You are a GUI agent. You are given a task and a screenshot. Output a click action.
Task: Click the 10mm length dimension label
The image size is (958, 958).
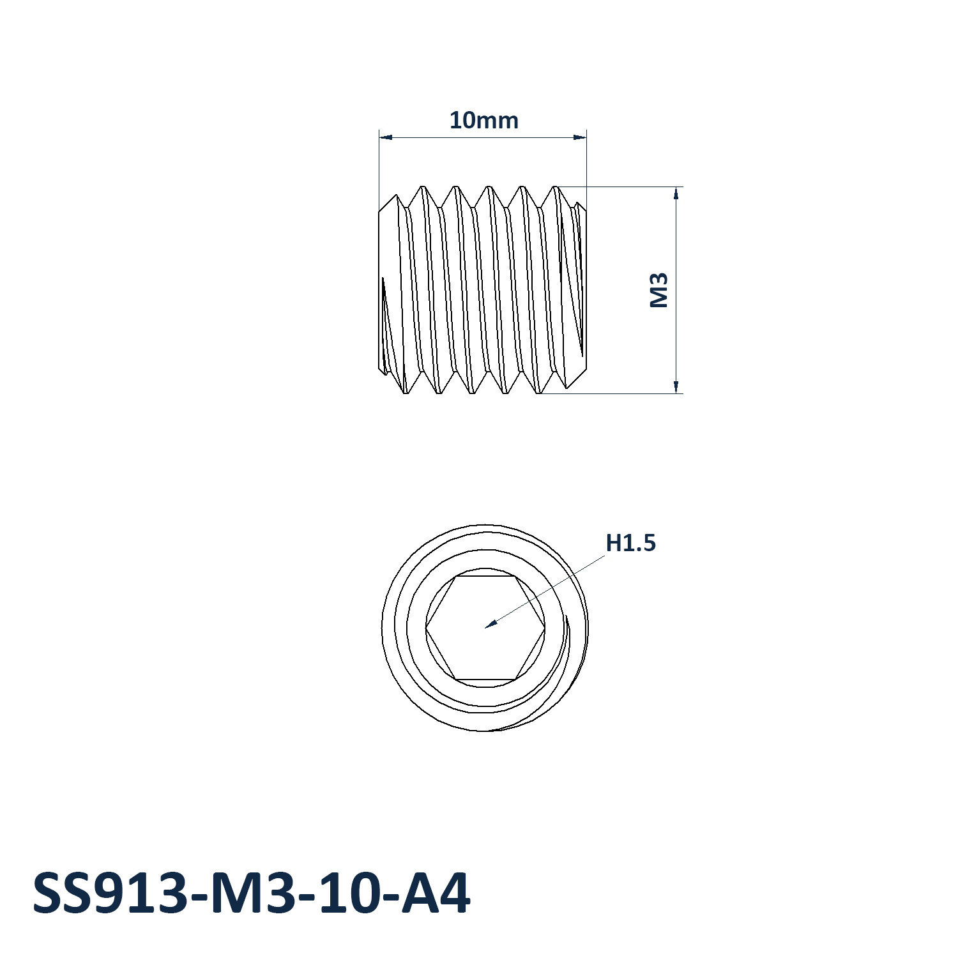point(483,120)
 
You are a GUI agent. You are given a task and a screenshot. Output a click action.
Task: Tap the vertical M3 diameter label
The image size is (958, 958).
point(658,290)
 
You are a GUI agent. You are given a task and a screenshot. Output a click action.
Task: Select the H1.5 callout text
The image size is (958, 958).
point(630,543)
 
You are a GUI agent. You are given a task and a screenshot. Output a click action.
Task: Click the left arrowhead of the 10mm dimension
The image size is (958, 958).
point(385,137)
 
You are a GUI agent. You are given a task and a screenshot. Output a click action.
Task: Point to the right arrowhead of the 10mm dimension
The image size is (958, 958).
point(580,137)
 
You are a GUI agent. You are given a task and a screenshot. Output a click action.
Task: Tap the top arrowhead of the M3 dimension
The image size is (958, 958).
point(676,193)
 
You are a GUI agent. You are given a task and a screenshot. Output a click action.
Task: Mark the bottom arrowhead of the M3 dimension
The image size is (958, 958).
point(676,386)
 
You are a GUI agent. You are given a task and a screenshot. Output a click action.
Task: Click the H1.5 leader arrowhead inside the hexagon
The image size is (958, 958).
point(490,624)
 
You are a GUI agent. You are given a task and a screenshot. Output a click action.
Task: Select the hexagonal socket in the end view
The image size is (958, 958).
point(485,628)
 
